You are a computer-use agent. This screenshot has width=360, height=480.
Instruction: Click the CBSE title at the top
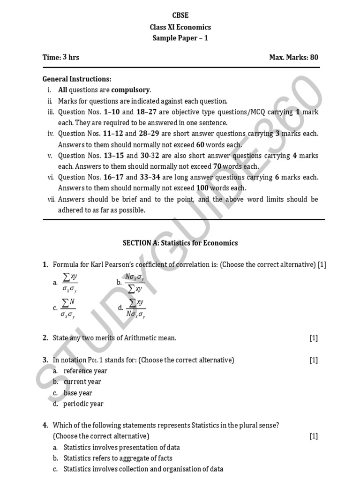180,15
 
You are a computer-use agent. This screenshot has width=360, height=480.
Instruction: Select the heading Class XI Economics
180,27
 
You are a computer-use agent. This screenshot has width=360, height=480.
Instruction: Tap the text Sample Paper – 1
180,38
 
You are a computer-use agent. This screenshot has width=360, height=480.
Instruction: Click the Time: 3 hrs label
61,57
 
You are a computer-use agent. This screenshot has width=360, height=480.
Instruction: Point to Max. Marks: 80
293,57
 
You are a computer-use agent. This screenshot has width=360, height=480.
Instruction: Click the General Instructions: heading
77,79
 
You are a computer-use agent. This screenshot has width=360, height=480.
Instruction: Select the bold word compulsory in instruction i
131,90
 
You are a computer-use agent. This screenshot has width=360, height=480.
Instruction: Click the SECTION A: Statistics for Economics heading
180,243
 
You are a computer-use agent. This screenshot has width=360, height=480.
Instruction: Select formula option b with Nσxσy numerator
135,283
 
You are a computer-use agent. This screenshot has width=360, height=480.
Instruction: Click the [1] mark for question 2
314,338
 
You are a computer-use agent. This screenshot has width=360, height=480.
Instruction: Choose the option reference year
85,371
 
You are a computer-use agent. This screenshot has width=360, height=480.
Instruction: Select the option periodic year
83,404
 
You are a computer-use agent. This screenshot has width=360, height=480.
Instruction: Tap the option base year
78,393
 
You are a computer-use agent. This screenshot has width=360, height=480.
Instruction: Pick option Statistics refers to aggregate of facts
118,458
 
